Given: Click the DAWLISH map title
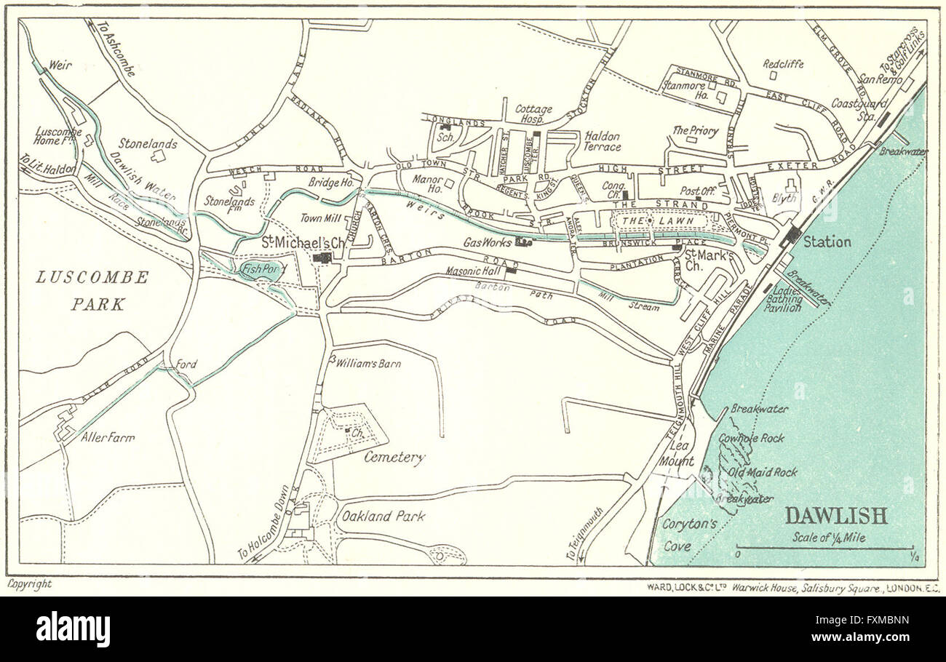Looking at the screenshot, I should [835, 516].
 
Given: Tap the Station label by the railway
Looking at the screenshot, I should [827, 242].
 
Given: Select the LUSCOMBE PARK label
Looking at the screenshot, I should [92, 290].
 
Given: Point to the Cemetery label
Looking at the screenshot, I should [394, 458].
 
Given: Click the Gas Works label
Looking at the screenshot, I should [488, 242].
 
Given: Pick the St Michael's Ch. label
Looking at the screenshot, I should [294, 242].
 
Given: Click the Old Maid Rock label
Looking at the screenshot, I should [762, 472].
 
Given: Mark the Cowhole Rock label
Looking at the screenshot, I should [751, 438].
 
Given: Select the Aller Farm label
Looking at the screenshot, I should [108, 438].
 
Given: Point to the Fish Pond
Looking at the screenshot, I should [261, 269].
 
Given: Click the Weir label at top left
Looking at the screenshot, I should [60, 65].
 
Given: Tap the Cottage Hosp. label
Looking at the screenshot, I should [533, 114].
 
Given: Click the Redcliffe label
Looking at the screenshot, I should [783, 63].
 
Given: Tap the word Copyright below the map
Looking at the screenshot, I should [30, 583].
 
